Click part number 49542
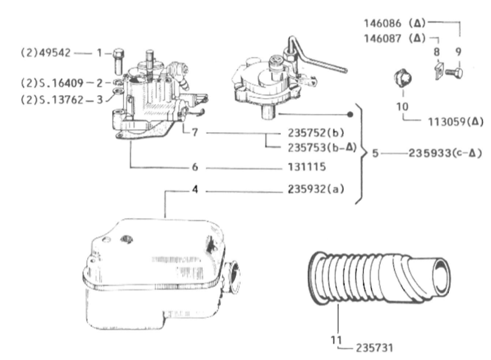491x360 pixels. tap(54, 53)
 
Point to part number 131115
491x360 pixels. tap(307, 167)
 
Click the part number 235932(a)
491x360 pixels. tap(316, 189)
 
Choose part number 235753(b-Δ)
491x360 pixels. tap(322, 148)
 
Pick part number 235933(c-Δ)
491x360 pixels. tap(445, 153)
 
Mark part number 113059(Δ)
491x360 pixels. tap(456, 121)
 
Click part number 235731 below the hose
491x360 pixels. tap(375, 348)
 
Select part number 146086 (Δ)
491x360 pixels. tap(395, 23)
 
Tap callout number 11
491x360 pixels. tap(336, 339)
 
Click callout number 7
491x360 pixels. tap(195, 132)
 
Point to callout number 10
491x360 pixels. tap(403, 107)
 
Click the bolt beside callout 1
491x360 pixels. tap(118, 61)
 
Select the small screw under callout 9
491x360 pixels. tap(454, 74)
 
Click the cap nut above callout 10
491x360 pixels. tap(403, 79)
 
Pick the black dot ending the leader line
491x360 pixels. tap(350, 115)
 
